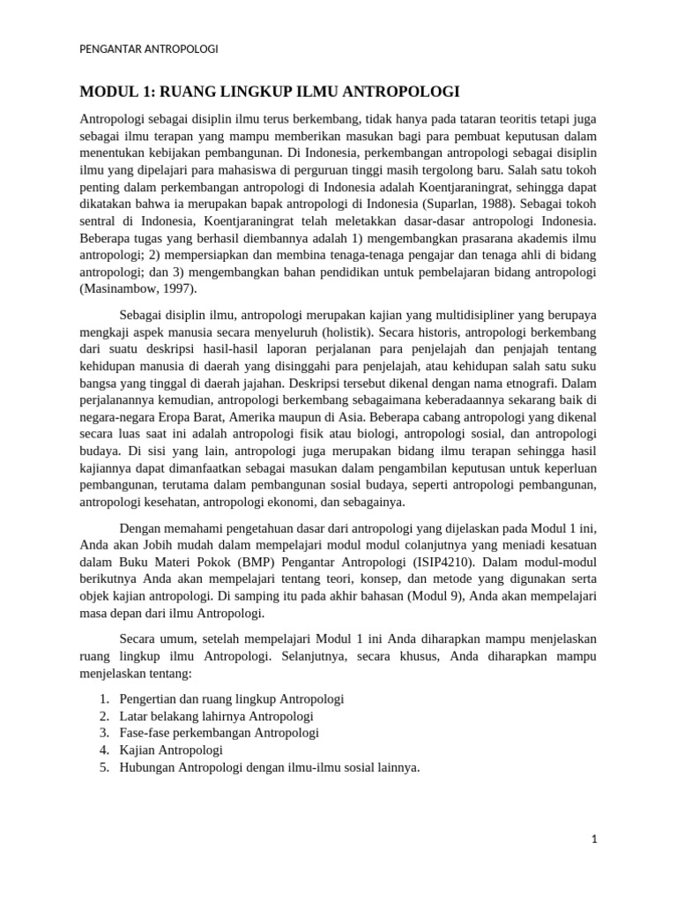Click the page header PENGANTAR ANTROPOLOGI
(x=149, y=49)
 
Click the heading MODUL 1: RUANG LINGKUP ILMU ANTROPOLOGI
(x=270, y=92)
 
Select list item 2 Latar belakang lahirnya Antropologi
(x=216, y=716)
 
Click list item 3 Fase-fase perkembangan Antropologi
(x=219, y=733)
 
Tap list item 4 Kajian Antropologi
(x=171, y=750)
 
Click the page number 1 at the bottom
(x=594, y=840)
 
